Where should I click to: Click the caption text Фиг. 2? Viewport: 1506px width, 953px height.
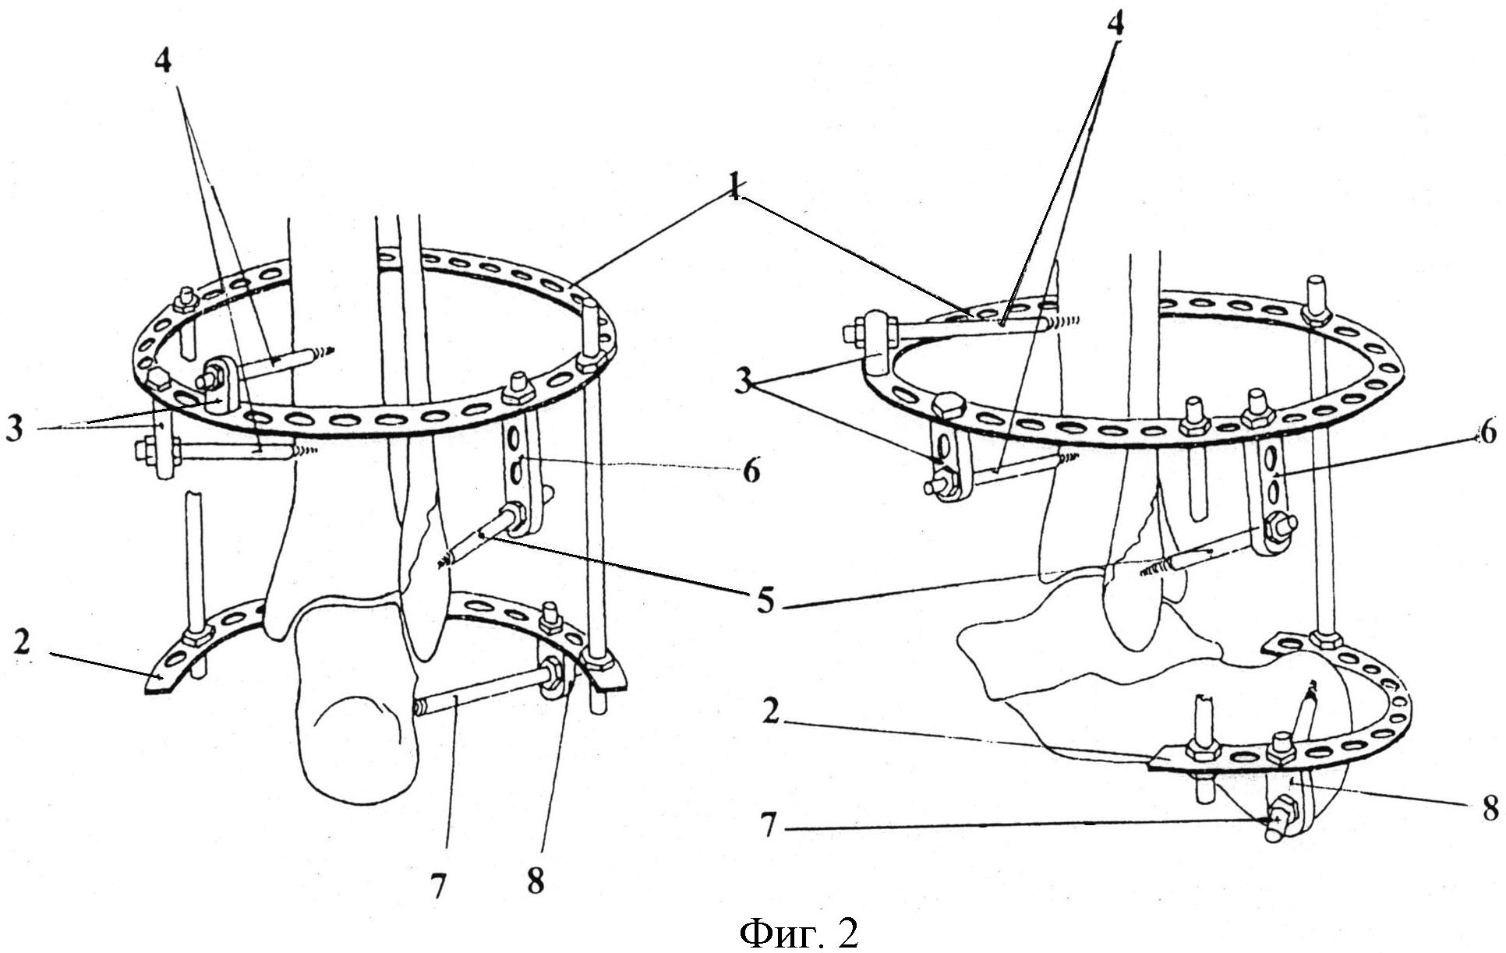pos(798,931)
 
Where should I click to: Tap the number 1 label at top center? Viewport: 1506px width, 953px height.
pos(734,189)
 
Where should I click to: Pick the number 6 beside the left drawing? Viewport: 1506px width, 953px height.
pos(750,470)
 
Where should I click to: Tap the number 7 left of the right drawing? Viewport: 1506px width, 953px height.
pos(769,824)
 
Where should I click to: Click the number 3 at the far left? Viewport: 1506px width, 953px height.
pos(14,429)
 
